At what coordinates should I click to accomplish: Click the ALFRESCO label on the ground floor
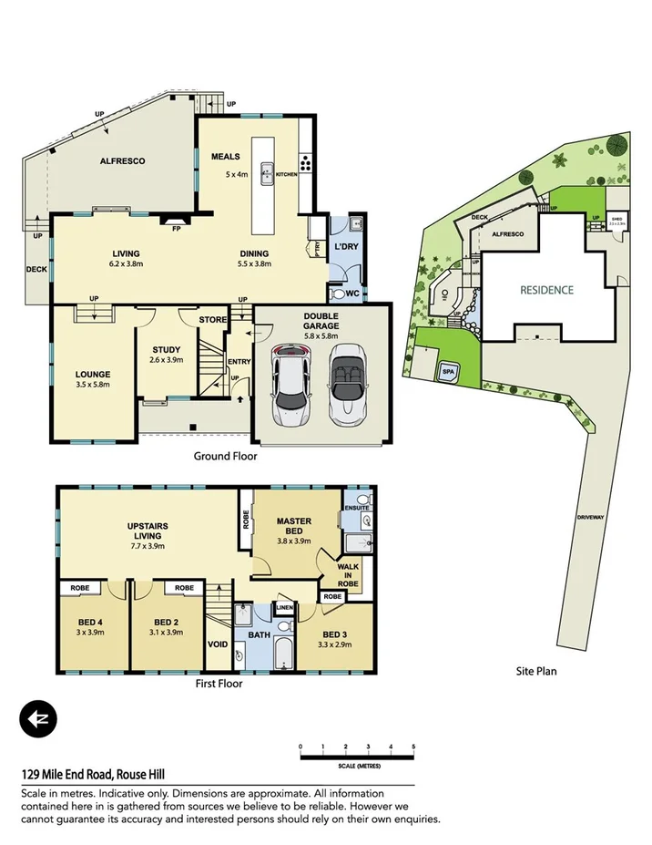[122, 160]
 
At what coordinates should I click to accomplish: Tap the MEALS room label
[226, 156]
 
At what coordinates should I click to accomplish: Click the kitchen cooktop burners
[306, 166]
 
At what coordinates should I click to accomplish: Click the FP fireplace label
[177, 230]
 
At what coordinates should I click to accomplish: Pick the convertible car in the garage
[347, 384]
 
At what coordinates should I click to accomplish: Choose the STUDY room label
[167, 349]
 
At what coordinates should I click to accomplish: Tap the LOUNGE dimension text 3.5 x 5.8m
[93, 386]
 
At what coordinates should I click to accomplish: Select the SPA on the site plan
[448, 371]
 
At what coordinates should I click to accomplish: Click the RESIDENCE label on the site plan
[546, 291]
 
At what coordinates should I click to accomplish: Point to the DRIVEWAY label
[589, 517]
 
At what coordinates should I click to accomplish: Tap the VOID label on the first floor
[218, 643]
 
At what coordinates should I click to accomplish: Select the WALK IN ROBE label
[349, 573]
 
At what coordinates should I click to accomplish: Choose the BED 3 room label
[335, 634]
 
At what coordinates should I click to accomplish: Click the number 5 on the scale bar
[413, 747]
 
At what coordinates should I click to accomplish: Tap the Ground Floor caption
[226, 456]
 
